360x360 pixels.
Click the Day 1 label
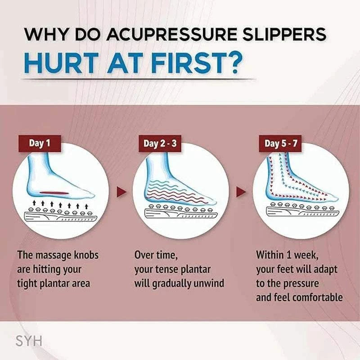[39, 144]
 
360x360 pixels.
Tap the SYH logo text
[29, 341]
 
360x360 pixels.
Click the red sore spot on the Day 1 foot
[54, 193]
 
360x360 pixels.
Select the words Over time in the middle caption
[156, 255]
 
